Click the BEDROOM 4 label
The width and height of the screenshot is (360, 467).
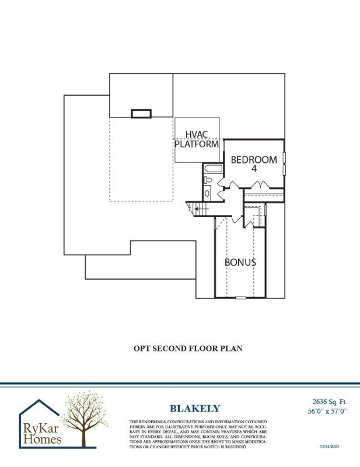[x=253, y=163]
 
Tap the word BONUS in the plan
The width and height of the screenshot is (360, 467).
[x=240, y=262]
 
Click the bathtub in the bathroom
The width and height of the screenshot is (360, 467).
[x=212, y=170]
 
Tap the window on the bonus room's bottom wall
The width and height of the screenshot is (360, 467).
[x=240, y=298]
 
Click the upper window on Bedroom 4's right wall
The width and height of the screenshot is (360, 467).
[x=284, y=158]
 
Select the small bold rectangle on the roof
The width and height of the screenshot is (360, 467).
[x=141, y=114]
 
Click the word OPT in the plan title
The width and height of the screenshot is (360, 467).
[x=143, y=348]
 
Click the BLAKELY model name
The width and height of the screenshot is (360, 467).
[x=195, y=409]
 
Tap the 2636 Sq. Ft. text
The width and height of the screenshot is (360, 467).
[x=325, y=402]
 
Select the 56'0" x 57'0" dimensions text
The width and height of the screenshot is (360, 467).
[x=325, y=412]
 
